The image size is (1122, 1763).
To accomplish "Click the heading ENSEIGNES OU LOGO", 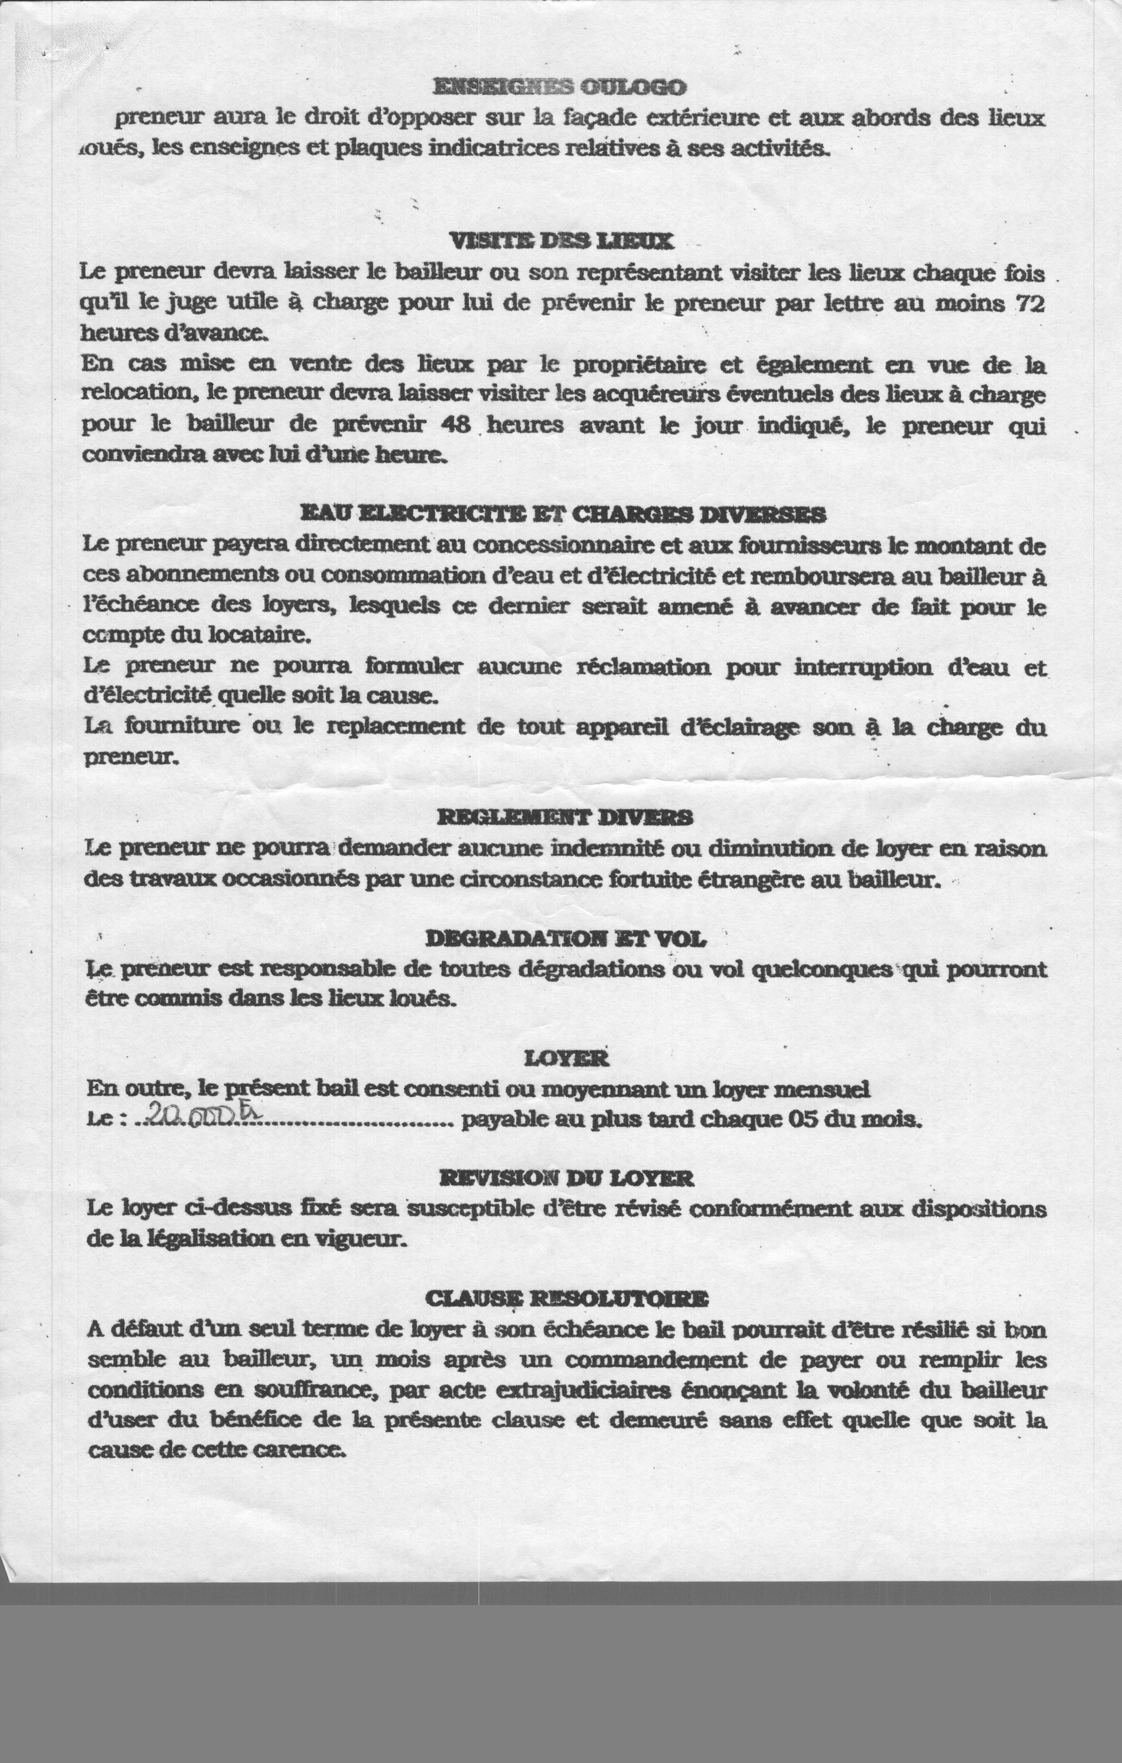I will click(560, 87).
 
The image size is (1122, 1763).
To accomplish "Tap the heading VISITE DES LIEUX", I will click(560, 240).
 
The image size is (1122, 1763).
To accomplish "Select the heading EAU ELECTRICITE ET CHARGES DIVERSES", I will click(563, 514).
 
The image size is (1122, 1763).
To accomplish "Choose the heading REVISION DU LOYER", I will click(566, 1178).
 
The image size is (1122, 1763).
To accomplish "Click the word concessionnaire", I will click(563, 546).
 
